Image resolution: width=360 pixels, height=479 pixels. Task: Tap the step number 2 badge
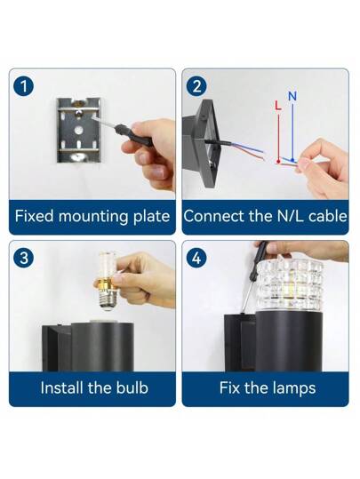(196, 85)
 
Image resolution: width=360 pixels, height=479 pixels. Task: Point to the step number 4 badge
(196, 257)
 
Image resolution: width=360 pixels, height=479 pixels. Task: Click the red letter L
(278, 105)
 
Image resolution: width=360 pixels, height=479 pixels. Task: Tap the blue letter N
(292, 95)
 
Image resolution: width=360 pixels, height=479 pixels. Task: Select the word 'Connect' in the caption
(212, 216)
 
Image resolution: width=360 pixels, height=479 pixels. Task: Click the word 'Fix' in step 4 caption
(232, 387)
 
